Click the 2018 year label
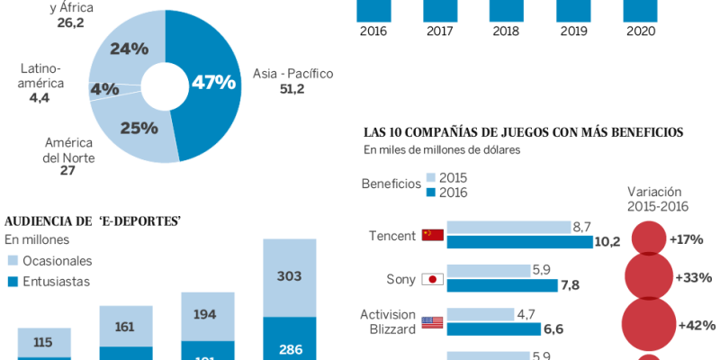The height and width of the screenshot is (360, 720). (507, 31)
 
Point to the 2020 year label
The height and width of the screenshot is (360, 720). (640, 31)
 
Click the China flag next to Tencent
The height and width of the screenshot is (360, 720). (433, 236)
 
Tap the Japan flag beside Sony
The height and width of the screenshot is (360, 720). (433, 279)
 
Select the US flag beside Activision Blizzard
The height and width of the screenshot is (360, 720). (433, 322)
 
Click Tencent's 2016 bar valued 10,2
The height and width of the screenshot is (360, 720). (520, 242)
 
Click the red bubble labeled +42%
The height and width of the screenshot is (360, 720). (648, 324)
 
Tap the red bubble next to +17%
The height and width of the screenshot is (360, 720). (648, 238)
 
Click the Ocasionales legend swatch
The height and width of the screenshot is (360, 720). (13, 261)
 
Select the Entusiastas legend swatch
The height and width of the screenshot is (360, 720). (13, 282)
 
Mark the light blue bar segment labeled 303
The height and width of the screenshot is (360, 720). (289, 277)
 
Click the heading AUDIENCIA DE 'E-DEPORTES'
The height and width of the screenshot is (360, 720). (94, 221)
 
